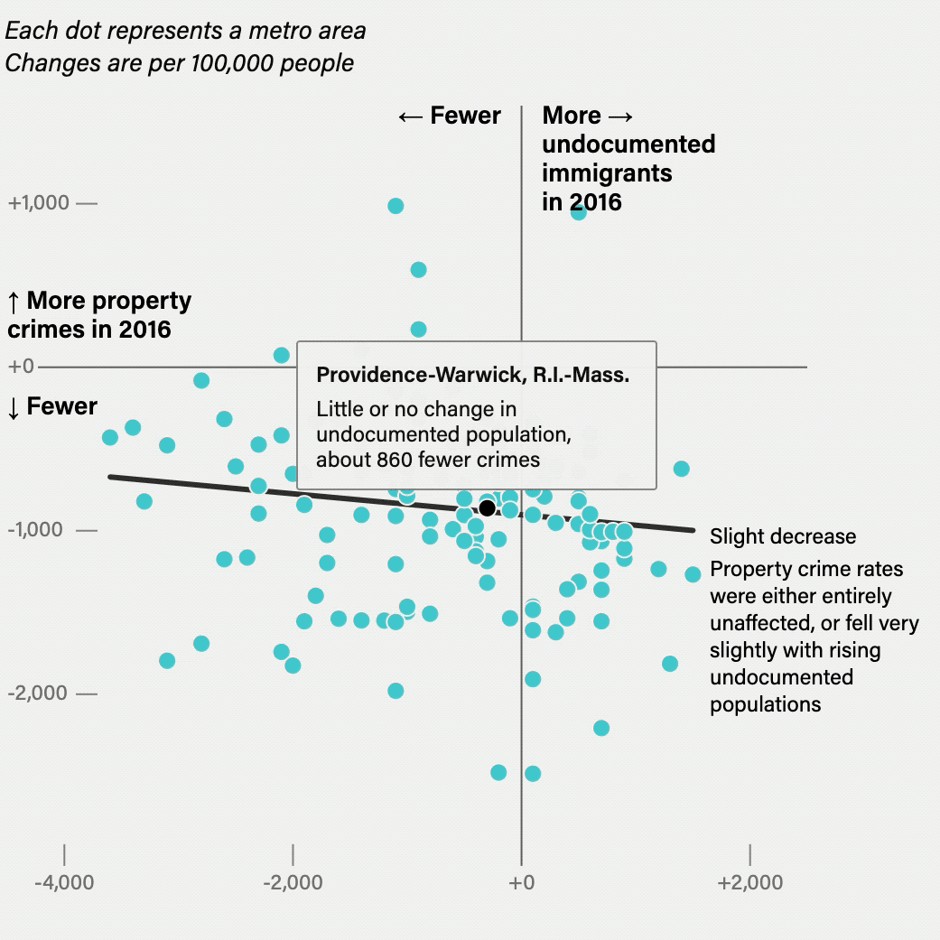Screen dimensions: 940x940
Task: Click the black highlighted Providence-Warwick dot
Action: [488, 507]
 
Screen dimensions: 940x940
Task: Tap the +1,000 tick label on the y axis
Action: [39, 203]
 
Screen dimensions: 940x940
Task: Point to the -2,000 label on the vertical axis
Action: [39, 693]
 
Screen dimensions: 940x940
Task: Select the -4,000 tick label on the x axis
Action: [64, 882]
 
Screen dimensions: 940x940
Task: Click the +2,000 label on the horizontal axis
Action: [749, 882]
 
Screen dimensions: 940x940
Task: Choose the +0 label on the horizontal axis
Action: [522, 882]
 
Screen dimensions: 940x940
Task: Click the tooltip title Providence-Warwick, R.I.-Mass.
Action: [472, 376]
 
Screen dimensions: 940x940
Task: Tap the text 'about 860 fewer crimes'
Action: [428, 460]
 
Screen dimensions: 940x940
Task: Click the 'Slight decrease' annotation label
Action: [782, 536]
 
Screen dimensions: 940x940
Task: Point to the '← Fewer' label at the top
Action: [450, 116]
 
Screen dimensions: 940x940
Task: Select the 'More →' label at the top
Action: [588, 116]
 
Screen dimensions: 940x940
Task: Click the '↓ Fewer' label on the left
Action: [51, 406]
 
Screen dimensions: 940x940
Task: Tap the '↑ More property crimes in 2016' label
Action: [98, 314]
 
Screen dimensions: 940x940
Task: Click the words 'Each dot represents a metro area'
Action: [186, 31]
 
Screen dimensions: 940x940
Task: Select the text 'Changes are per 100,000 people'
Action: [180, 63]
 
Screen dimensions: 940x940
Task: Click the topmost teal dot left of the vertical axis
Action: [396, 206]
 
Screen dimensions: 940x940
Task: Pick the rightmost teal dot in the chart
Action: [693, 574]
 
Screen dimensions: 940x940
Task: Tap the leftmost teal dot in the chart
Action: [110, 437]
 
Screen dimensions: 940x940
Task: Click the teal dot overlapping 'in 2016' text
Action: [579, 212]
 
